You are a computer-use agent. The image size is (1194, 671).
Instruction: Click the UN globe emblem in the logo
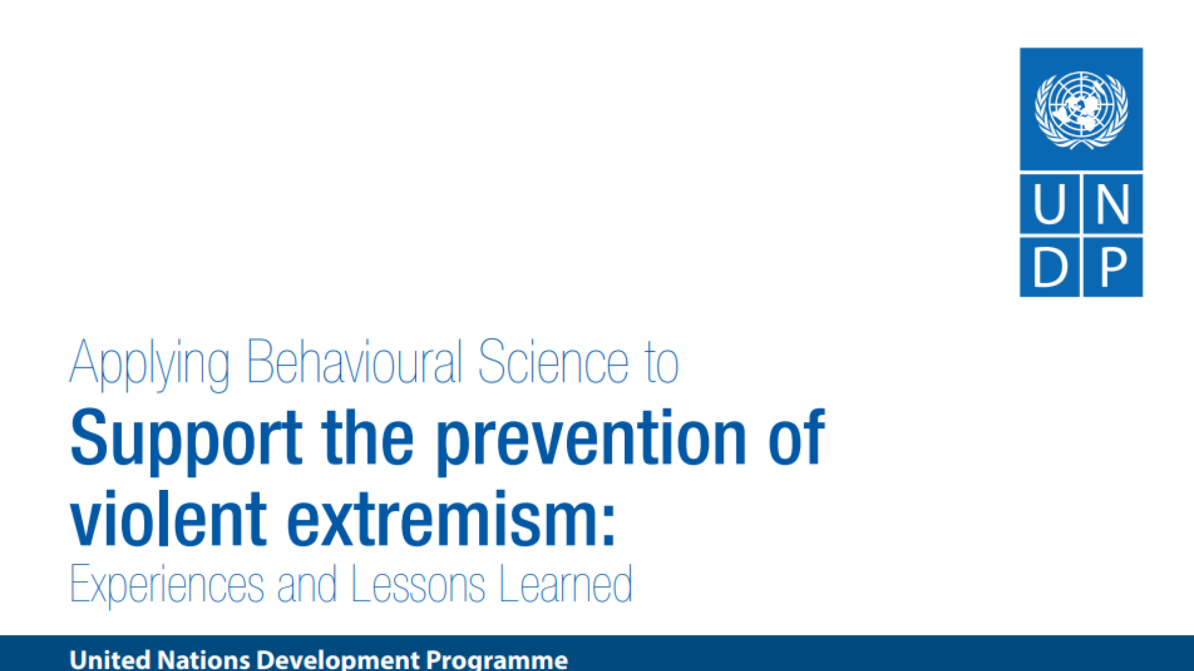(x=1081, y=110)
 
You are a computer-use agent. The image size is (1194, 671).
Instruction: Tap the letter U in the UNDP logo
(x=1050, y=204)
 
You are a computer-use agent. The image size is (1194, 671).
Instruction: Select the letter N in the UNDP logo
(x=1113, y=204)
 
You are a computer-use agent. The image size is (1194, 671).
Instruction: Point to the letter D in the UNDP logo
(x=1050, y=267)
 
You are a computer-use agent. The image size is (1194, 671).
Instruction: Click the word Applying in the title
(x=150, y=365)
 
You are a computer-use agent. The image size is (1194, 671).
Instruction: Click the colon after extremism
(x=609, y=526)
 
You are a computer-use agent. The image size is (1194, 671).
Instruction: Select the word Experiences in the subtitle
(x=167, y=586)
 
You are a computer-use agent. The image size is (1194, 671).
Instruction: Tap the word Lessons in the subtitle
(x=419, y=584)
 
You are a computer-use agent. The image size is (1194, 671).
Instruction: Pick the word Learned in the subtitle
(x=566, y=584)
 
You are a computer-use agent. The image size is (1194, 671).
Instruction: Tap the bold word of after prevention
(x=797, y=437)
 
